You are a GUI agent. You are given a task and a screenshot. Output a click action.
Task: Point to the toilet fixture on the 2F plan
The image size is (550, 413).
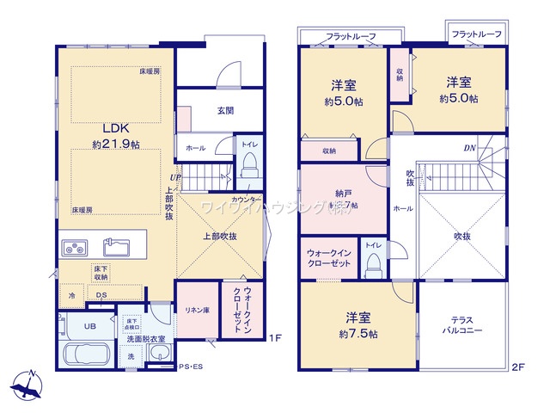click(x=372, y=262)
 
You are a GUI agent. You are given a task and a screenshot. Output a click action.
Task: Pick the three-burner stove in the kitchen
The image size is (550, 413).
click(x=73, y=249)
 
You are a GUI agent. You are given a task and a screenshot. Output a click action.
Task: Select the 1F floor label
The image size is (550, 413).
click(x=275, y=337)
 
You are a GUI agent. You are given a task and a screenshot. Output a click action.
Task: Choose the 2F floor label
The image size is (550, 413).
click(x=518, y=367)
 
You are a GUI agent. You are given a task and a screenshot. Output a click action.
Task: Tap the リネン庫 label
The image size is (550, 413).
click(x=198, y=309)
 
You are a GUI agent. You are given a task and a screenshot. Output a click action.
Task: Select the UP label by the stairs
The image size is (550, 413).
click(x=174, y=178)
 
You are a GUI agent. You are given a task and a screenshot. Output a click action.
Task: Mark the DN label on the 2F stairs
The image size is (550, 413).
click(x=470, y=148)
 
